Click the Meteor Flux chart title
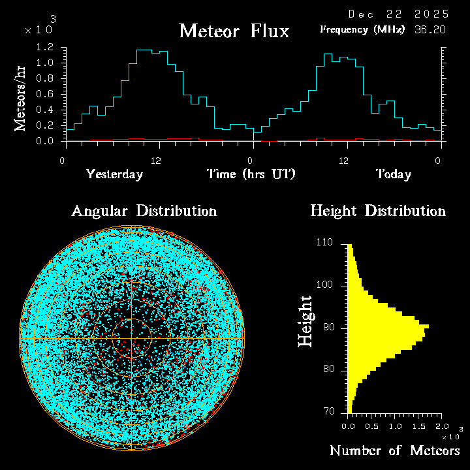234,31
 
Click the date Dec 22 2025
398,14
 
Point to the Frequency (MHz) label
362,29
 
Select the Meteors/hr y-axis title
21,99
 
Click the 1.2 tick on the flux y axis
44,48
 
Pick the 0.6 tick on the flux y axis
44,94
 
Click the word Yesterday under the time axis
115,174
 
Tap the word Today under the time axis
394,174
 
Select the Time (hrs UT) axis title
251,174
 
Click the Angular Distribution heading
144,211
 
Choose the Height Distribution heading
378,211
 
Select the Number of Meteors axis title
394,450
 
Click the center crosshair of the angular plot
132,339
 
